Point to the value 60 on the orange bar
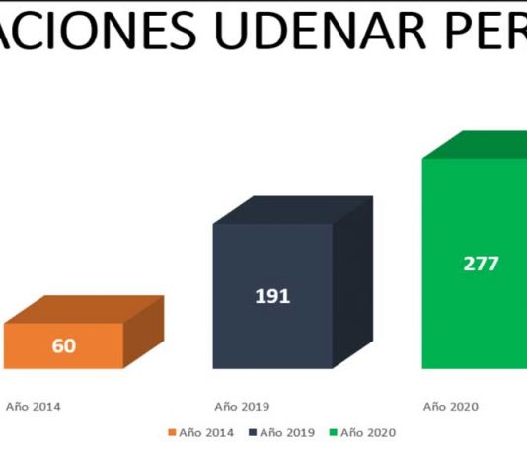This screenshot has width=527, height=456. click(64, 345)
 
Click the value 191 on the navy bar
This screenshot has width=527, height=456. click(272, 296)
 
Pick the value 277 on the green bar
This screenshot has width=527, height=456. click(481, 264)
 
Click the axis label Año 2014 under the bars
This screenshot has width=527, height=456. click(34, 407)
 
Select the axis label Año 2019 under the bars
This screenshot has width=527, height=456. click(242, 407)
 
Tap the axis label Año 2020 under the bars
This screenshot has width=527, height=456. click(451, 407)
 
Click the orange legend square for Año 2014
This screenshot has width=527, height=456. click(172, 432)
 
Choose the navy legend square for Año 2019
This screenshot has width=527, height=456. click(253, 432)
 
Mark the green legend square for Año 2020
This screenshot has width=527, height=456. click(333, 432)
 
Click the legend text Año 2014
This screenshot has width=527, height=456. click(206, 433)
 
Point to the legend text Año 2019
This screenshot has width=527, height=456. click(287, 433)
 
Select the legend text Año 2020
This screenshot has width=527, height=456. click(368, 433)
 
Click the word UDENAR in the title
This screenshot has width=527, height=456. click(320, 31)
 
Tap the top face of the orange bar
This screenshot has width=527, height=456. click(84, 310)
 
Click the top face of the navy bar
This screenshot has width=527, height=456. click(293, 210)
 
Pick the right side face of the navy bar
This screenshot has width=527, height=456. click(353, 282)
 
